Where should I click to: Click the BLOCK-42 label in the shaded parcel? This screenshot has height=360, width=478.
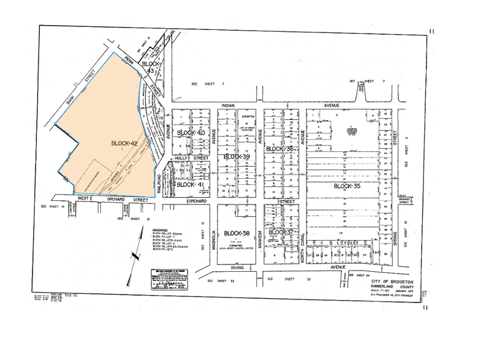point(124,143)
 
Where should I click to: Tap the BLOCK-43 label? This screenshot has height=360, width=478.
point(151,67)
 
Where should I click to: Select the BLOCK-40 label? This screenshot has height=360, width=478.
point(191,133)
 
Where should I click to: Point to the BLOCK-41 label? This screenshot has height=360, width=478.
point(190,184)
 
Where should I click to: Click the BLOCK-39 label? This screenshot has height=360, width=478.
point(237,157)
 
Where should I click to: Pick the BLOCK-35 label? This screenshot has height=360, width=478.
point(348,186)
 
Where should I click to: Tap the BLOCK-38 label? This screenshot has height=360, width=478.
point(237,233)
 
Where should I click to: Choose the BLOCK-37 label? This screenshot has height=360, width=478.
point(282,233)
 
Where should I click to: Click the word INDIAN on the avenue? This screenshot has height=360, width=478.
point(229,105)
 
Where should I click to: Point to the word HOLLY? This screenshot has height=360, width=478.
point(181,158)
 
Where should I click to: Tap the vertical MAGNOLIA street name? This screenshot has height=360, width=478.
point(214,239)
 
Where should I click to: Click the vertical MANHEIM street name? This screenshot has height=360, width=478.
point(260,239)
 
